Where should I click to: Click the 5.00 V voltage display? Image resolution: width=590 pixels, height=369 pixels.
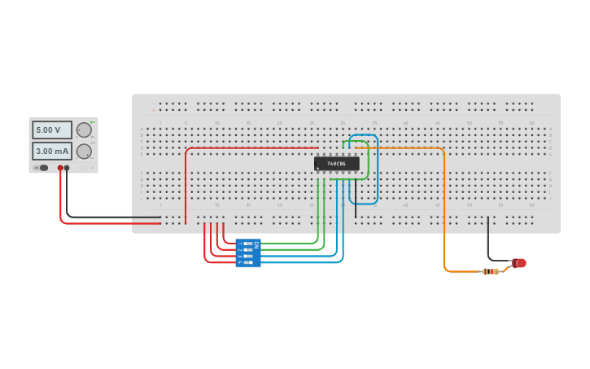point(51,130)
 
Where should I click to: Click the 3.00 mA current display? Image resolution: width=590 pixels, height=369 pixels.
point(51,151)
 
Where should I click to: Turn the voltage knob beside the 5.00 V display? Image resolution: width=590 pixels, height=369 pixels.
point(84,130)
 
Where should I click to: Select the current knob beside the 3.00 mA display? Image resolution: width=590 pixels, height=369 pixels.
point(84,151)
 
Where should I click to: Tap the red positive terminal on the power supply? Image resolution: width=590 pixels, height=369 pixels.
point(60,168)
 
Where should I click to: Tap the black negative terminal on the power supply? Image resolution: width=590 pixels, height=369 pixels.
point(67,168)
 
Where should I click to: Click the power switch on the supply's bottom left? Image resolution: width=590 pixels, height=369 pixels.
point(42,168)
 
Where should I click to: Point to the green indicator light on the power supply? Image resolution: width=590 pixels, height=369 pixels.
point(93,122)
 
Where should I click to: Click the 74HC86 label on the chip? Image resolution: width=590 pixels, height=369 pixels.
point(336,164)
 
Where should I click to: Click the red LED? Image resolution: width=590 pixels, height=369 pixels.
point(519,263)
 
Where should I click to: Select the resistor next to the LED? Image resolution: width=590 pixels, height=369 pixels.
point(491,271)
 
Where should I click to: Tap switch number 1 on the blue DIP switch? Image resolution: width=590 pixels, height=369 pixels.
point(247,243)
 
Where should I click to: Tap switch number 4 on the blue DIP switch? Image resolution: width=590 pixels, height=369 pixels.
point(247,262)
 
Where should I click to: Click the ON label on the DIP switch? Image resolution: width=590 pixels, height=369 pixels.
point(256,244)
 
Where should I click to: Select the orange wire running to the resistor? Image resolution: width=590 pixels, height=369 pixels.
point(444,212)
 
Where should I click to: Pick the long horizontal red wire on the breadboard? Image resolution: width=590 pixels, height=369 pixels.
point(252,148)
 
